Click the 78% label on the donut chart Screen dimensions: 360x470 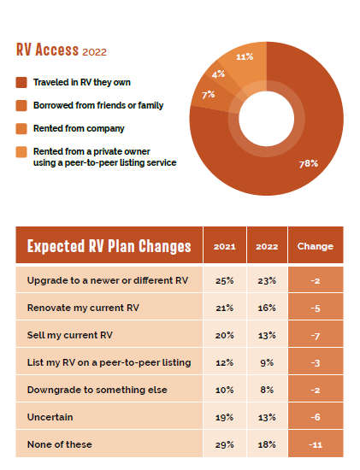309,164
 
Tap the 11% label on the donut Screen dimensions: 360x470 245,56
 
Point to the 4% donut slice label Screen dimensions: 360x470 218,74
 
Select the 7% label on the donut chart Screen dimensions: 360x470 208,95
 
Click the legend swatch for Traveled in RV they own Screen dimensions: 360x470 21,82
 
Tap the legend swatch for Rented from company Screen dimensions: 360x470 21,128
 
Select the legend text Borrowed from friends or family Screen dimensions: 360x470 98,105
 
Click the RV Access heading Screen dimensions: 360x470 62,50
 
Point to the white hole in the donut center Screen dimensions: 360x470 267,119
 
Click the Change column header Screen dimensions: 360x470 316,246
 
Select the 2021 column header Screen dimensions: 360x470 224,246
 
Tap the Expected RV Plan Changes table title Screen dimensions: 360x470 109,246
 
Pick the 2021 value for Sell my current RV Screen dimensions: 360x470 224,335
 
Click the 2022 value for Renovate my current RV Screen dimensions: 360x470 267,308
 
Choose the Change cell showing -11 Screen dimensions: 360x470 316,444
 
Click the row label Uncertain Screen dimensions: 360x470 50,417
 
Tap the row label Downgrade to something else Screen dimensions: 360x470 97,390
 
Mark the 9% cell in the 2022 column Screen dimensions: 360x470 267,362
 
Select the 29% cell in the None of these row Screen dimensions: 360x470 224,444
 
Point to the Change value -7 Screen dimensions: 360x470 316,336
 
